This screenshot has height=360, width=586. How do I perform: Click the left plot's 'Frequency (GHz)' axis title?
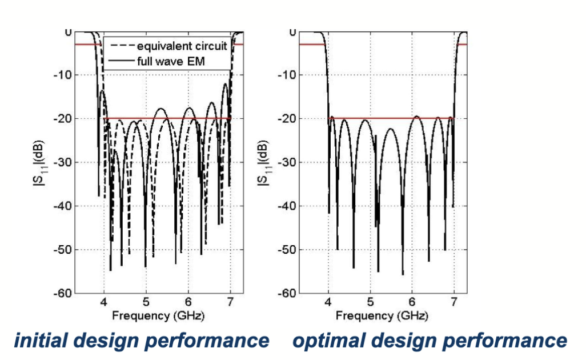click(x=158, y=315)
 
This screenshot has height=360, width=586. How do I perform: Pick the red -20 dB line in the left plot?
click(x=171, y=118)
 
